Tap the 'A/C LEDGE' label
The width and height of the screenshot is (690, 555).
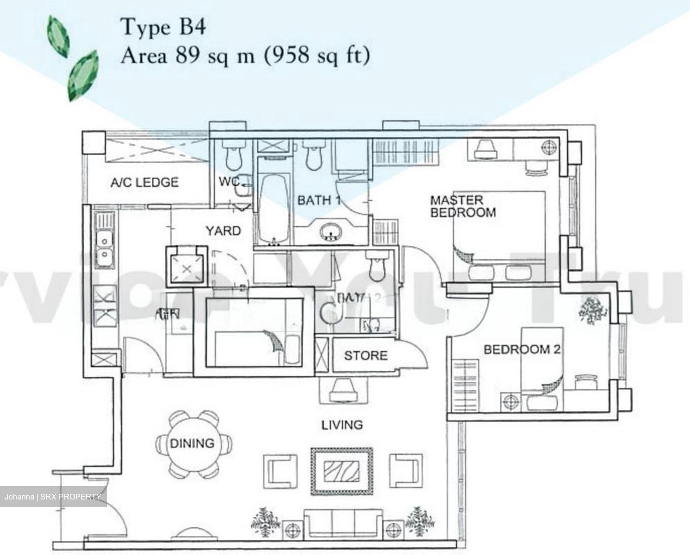coord(144,182)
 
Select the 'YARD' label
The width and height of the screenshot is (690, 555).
coord(223,231)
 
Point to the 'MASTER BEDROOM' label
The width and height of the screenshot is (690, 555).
coord(462,206)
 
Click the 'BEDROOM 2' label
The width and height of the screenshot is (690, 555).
coord(521,349)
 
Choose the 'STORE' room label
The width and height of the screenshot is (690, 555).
coord(365,355)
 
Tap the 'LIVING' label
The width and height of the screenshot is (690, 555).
coord(342,424)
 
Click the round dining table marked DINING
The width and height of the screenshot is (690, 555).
coord(192,444)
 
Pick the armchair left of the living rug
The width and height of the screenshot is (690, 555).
coord(280,469)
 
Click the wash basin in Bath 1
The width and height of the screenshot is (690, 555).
coord(331,232)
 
